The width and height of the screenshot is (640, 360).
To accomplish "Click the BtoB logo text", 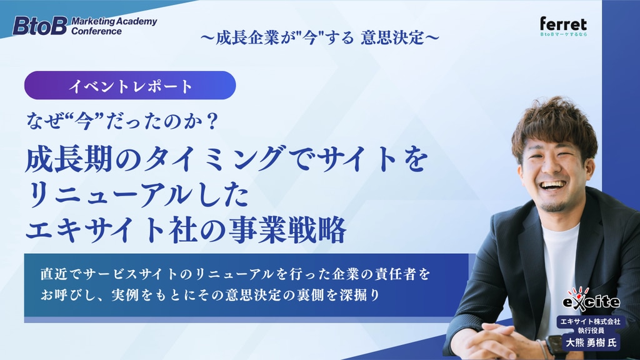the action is click(x=39, y=26).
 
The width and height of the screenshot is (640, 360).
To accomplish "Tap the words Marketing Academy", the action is click(x=114, y=21).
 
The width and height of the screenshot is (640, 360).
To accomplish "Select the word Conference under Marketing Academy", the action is click(x=96, y=31).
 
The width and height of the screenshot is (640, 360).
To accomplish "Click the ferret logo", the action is click(x=563, y=26).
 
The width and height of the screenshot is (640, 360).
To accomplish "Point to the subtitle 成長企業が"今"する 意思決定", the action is click(x=320, y=37).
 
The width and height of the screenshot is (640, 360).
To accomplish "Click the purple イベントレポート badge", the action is click(x=130, y=85).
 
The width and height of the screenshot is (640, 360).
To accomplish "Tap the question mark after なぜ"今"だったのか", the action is click(x=212, y=122).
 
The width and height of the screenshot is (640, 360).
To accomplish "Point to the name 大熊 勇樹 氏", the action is click(x=591, y=342).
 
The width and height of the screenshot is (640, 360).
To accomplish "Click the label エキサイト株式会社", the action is click(x=590, y=322).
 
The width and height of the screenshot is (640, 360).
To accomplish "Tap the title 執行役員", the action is click(x=591, y=330).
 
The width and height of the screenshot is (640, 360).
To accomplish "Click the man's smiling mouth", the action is click(x=552, y=186).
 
